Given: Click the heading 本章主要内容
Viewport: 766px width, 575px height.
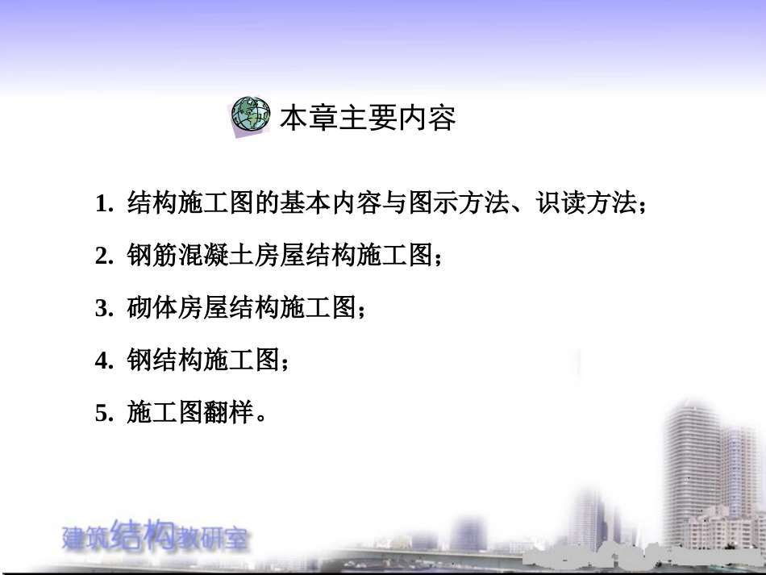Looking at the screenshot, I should [368, 119].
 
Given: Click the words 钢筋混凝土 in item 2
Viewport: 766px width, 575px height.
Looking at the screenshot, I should [191, 256].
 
